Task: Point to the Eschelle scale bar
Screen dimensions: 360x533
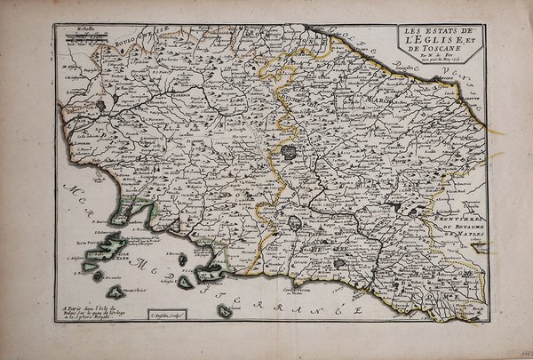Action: click(x=81, y=35)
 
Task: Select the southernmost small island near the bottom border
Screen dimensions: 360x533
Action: click(x=226, y=310)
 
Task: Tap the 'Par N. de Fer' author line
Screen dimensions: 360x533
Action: click(x=433, y=61)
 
